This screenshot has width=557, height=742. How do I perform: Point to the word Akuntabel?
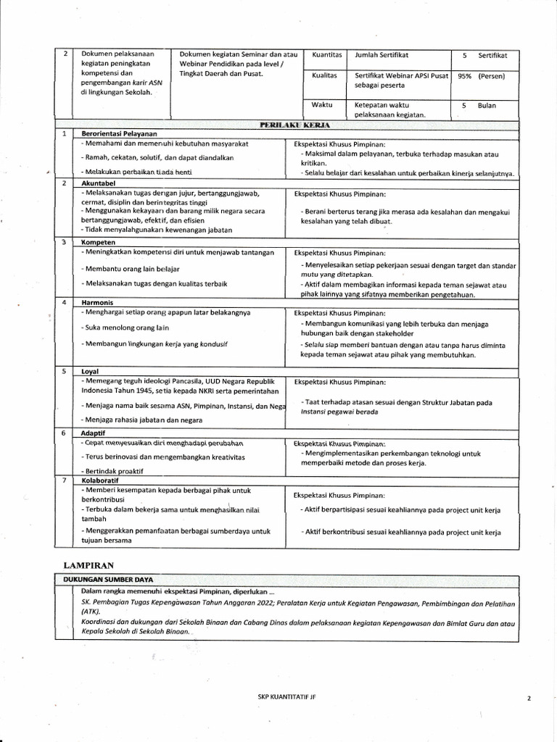(99, 184)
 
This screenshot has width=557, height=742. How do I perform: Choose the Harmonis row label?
(98, 302)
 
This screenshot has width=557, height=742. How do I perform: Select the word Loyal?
(90, 370)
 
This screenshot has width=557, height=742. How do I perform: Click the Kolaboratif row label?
(101, 480)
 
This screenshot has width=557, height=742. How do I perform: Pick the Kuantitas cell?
(326, 55)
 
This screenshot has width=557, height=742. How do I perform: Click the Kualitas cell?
(325, 75)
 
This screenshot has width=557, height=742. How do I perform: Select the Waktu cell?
(322, 105)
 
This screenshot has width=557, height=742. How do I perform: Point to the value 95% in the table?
(465, 76)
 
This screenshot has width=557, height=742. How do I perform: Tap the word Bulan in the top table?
(487, 105)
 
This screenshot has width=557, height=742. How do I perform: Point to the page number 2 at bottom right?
(529, 699)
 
